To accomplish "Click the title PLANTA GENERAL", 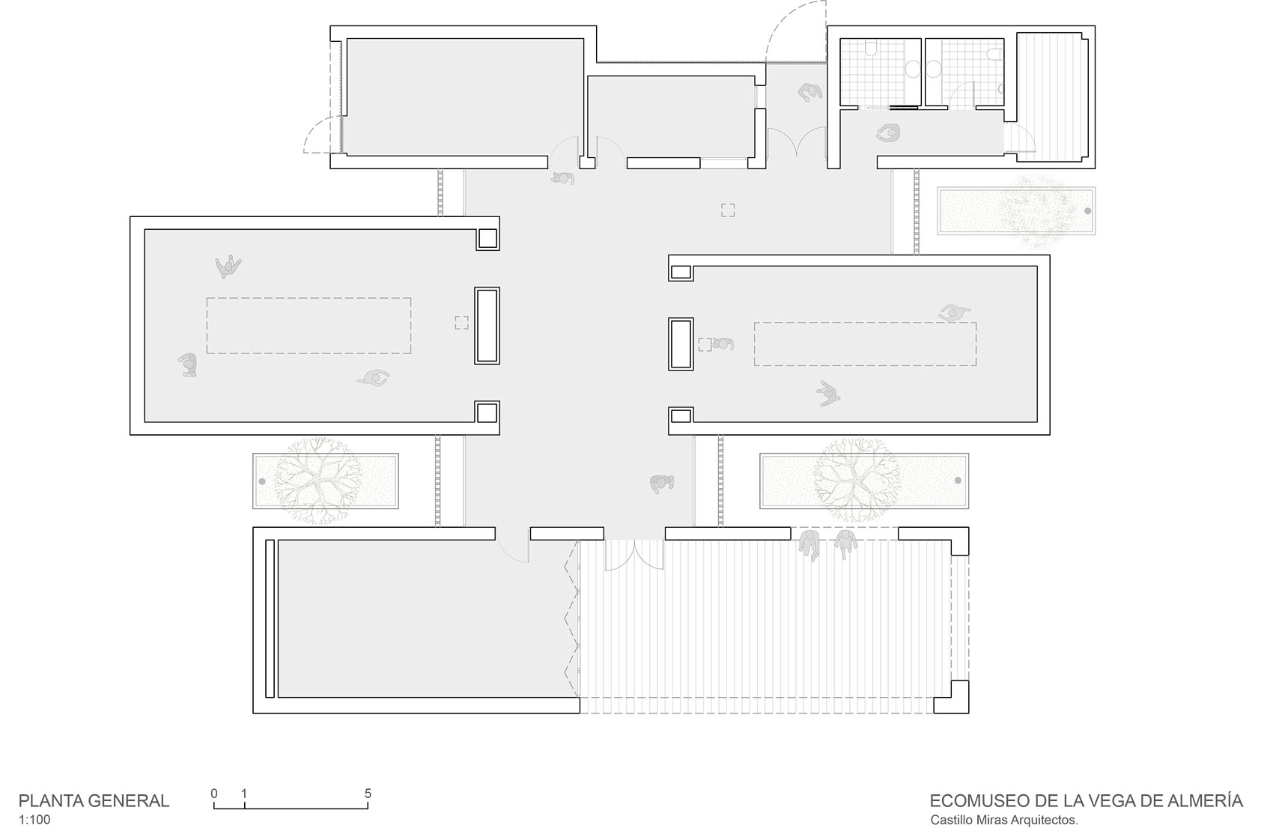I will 94,800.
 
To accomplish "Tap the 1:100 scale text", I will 34,820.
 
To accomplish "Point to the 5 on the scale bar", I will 368,794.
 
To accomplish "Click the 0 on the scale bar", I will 214,794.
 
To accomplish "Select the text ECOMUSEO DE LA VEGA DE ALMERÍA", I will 1086,800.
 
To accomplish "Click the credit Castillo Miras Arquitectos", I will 1003,820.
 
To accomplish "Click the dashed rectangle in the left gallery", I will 309,326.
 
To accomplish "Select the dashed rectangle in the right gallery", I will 865,344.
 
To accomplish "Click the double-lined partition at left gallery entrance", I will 487,326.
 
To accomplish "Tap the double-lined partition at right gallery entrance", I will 681,344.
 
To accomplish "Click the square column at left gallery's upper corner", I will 487,239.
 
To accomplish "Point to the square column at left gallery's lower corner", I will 487,413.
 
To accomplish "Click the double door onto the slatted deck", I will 634,555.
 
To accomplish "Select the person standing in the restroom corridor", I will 888,133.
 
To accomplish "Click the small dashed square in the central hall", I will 728,210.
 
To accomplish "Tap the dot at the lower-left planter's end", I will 262,480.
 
